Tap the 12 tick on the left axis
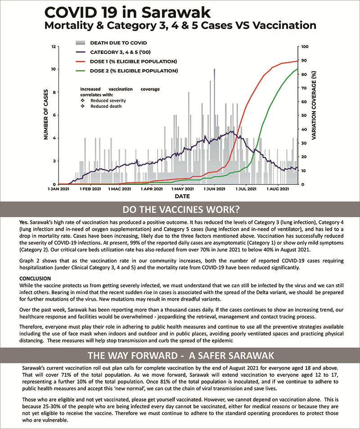(54, 46)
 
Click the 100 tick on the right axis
(305, 46)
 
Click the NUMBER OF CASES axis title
(46, 115)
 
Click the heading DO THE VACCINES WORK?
(180, 210)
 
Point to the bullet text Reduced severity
(108, 100)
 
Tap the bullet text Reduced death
(106, 106)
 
